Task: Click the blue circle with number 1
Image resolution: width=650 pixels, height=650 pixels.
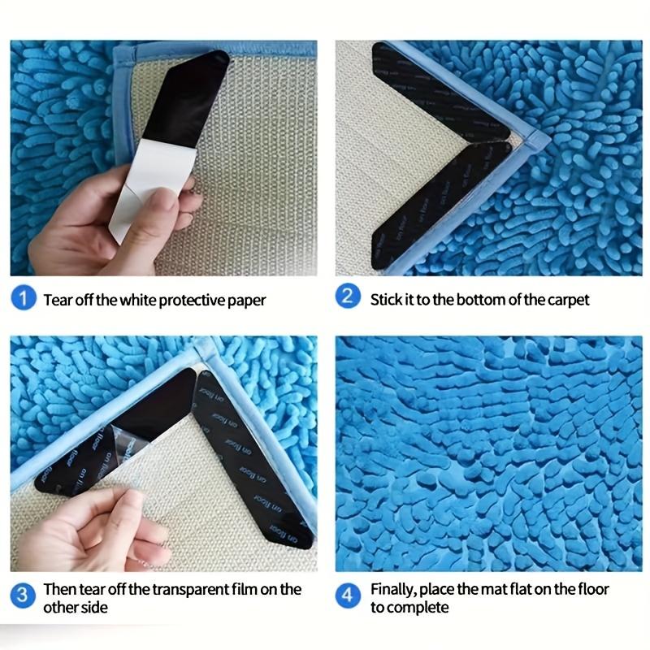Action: tap(24, 298)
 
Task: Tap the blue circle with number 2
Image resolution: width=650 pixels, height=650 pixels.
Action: tap(349, 297)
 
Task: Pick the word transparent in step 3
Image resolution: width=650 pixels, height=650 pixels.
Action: tap(180, 589)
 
